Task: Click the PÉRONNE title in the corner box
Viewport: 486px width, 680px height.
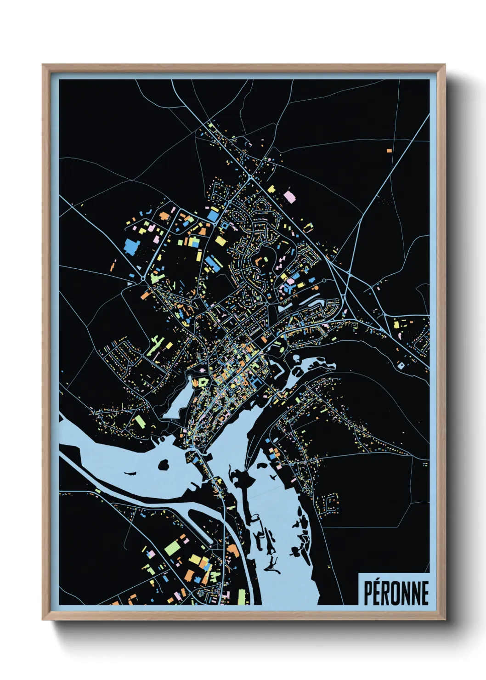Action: [x=396, y=593]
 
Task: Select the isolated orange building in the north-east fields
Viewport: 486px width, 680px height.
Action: [x=389, y=150]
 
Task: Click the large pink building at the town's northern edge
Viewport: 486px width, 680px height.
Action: [x=289, y=196]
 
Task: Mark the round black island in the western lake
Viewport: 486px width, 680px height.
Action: [x=163, y=465]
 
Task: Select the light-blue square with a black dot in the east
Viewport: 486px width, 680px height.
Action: [x=401, y=366]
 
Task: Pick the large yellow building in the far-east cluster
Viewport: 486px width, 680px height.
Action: [x=396, y=324]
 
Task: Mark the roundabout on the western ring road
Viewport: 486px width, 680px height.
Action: [x=144, y=278]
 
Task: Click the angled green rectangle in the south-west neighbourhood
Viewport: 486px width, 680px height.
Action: [x=140, y=421]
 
